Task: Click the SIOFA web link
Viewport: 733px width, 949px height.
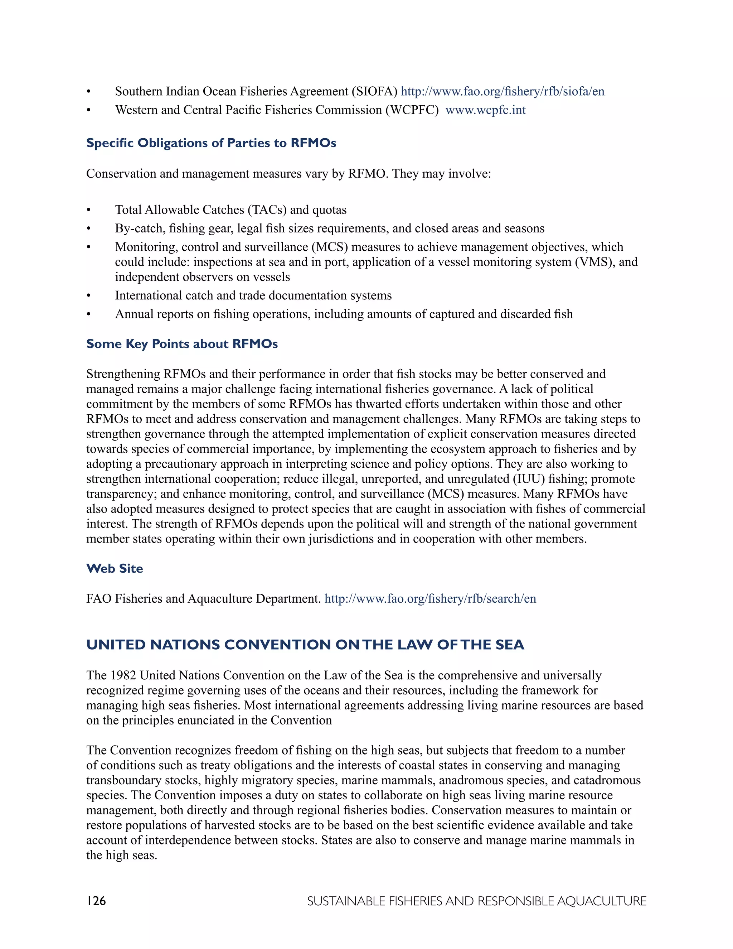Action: pos(502,91)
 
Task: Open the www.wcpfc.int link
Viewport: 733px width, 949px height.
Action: pos(485,110)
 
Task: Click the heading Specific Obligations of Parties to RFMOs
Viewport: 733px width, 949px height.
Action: pos(211,143)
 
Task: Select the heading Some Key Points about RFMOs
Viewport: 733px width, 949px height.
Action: pos(181,344)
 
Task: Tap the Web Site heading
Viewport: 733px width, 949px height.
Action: pos(114,568)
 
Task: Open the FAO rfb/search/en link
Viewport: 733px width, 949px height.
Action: pos(430,599)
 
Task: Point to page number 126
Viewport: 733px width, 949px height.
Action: pos(96,901)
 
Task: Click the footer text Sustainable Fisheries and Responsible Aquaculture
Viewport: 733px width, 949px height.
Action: pos(476,901)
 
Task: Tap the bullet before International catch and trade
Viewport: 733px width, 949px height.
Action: pos(89,296)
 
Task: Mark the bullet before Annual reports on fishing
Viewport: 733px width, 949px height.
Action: pos(89,314)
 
